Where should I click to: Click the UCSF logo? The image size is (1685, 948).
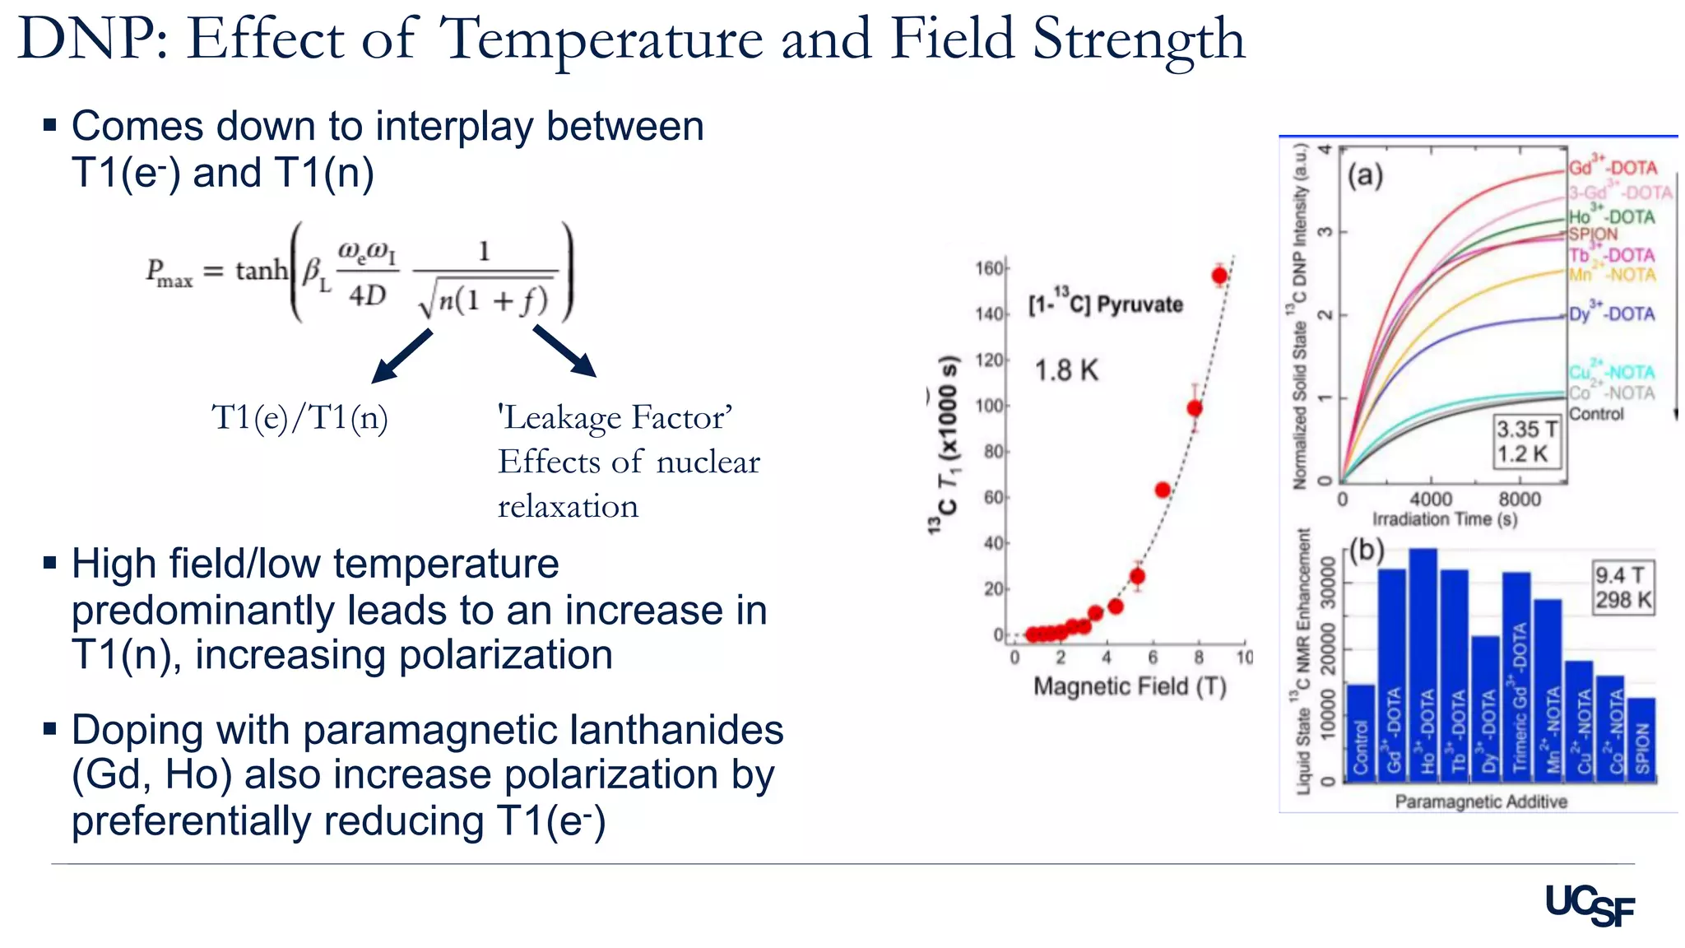[x=1589, y=906]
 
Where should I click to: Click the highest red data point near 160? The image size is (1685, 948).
[x=1219, y=275]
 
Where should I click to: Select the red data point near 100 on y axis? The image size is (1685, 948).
[x=1195, y=407]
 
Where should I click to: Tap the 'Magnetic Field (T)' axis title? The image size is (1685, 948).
[x=1130, y=686]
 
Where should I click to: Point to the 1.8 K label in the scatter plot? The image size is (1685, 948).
[x=1066, y=371]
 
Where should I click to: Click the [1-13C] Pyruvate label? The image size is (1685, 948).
[x=1106, y=304]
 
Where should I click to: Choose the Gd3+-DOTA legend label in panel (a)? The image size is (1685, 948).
[x=1613, y=167]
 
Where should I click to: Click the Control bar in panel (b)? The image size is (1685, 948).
[x=1361, y=732]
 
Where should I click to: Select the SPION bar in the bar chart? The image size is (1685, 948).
[x=1642, y=739]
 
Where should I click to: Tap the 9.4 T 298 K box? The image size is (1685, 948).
[x=1622, y=587]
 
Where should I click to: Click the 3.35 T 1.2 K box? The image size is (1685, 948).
[x=1527, y=442]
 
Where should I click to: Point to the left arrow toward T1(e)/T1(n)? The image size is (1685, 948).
[x=402, y=356]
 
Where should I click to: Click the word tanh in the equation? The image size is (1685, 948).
[x=262, y=271]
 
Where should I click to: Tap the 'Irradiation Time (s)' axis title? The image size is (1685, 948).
[x=1445, y=519]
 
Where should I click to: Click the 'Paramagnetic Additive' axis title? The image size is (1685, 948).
[x=1481, y=801]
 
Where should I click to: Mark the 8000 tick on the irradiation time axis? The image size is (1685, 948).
[x=1519, y=499]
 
